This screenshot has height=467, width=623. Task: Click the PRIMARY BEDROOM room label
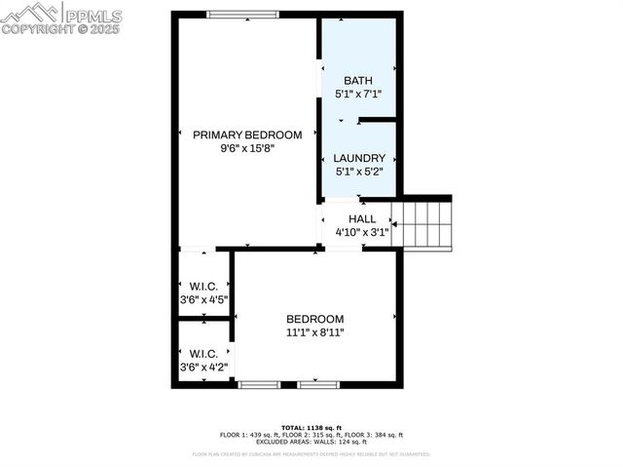[246, 135]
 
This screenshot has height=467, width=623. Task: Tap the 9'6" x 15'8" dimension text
[246, 149]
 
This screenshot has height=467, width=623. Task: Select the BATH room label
[358, 80]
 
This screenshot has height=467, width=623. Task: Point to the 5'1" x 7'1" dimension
[358, 95]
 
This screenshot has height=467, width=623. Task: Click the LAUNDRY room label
[359, 158]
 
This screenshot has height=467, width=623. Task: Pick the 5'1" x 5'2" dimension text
[359, 172]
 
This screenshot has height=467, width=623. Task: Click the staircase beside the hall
[423, 224]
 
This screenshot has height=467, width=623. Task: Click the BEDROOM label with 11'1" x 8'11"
[314, 319]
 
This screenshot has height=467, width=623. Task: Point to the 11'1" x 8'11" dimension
[314, 332]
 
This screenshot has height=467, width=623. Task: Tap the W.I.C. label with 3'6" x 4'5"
[203, 287]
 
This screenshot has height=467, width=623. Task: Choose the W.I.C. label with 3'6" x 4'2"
[203, 353]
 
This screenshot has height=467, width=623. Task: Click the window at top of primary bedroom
[242, 14]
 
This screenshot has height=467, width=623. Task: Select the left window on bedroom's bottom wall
[259, 385]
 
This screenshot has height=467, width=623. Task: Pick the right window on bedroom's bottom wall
[318, 385]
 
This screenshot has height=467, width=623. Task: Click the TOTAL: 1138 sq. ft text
[311, 428]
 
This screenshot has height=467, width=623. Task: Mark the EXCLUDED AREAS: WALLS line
[311, 442]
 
